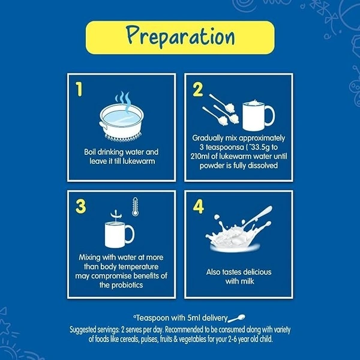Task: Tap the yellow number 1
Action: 79,89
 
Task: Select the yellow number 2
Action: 197,89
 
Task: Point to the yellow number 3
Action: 80,206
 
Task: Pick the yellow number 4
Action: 199,206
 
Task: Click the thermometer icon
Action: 135,206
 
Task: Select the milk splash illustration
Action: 239,230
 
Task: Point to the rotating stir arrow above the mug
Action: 116,215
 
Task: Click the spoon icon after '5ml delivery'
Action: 236,318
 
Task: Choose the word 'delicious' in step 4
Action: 257,272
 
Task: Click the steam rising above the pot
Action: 123,102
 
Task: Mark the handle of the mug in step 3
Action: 130,234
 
